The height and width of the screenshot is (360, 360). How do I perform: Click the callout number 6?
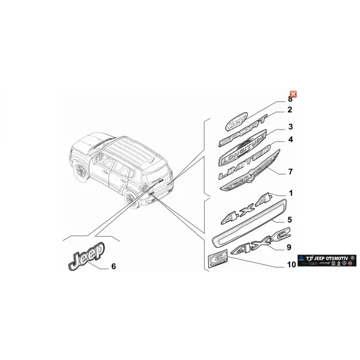tap(114, 266)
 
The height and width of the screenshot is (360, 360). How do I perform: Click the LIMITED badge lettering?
tap(244, 164)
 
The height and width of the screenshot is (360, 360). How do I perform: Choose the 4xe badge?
tap(253, 246)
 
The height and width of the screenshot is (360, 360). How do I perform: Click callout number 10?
tap(291, 265)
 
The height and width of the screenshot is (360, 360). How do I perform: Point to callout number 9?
tap(289, 247)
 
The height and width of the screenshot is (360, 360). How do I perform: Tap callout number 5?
tap(289, 220)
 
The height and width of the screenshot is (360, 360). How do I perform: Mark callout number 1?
tap(291, 193)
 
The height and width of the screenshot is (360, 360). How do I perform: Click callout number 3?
tap(290, 127)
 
